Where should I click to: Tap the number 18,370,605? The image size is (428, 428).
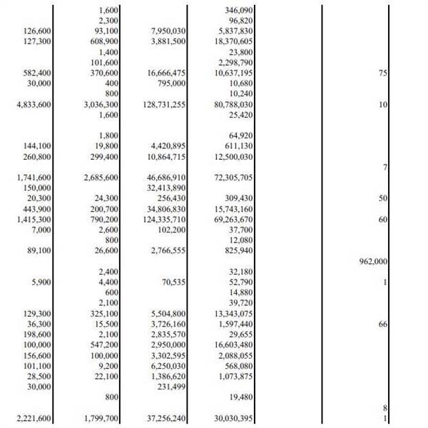coord(234,42)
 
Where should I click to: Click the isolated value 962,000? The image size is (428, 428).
coord(370,261)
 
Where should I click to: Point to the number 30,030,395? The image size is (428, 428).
coord(234,417)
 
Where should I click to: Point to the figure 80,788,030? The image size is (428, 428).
coord(234,104)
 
